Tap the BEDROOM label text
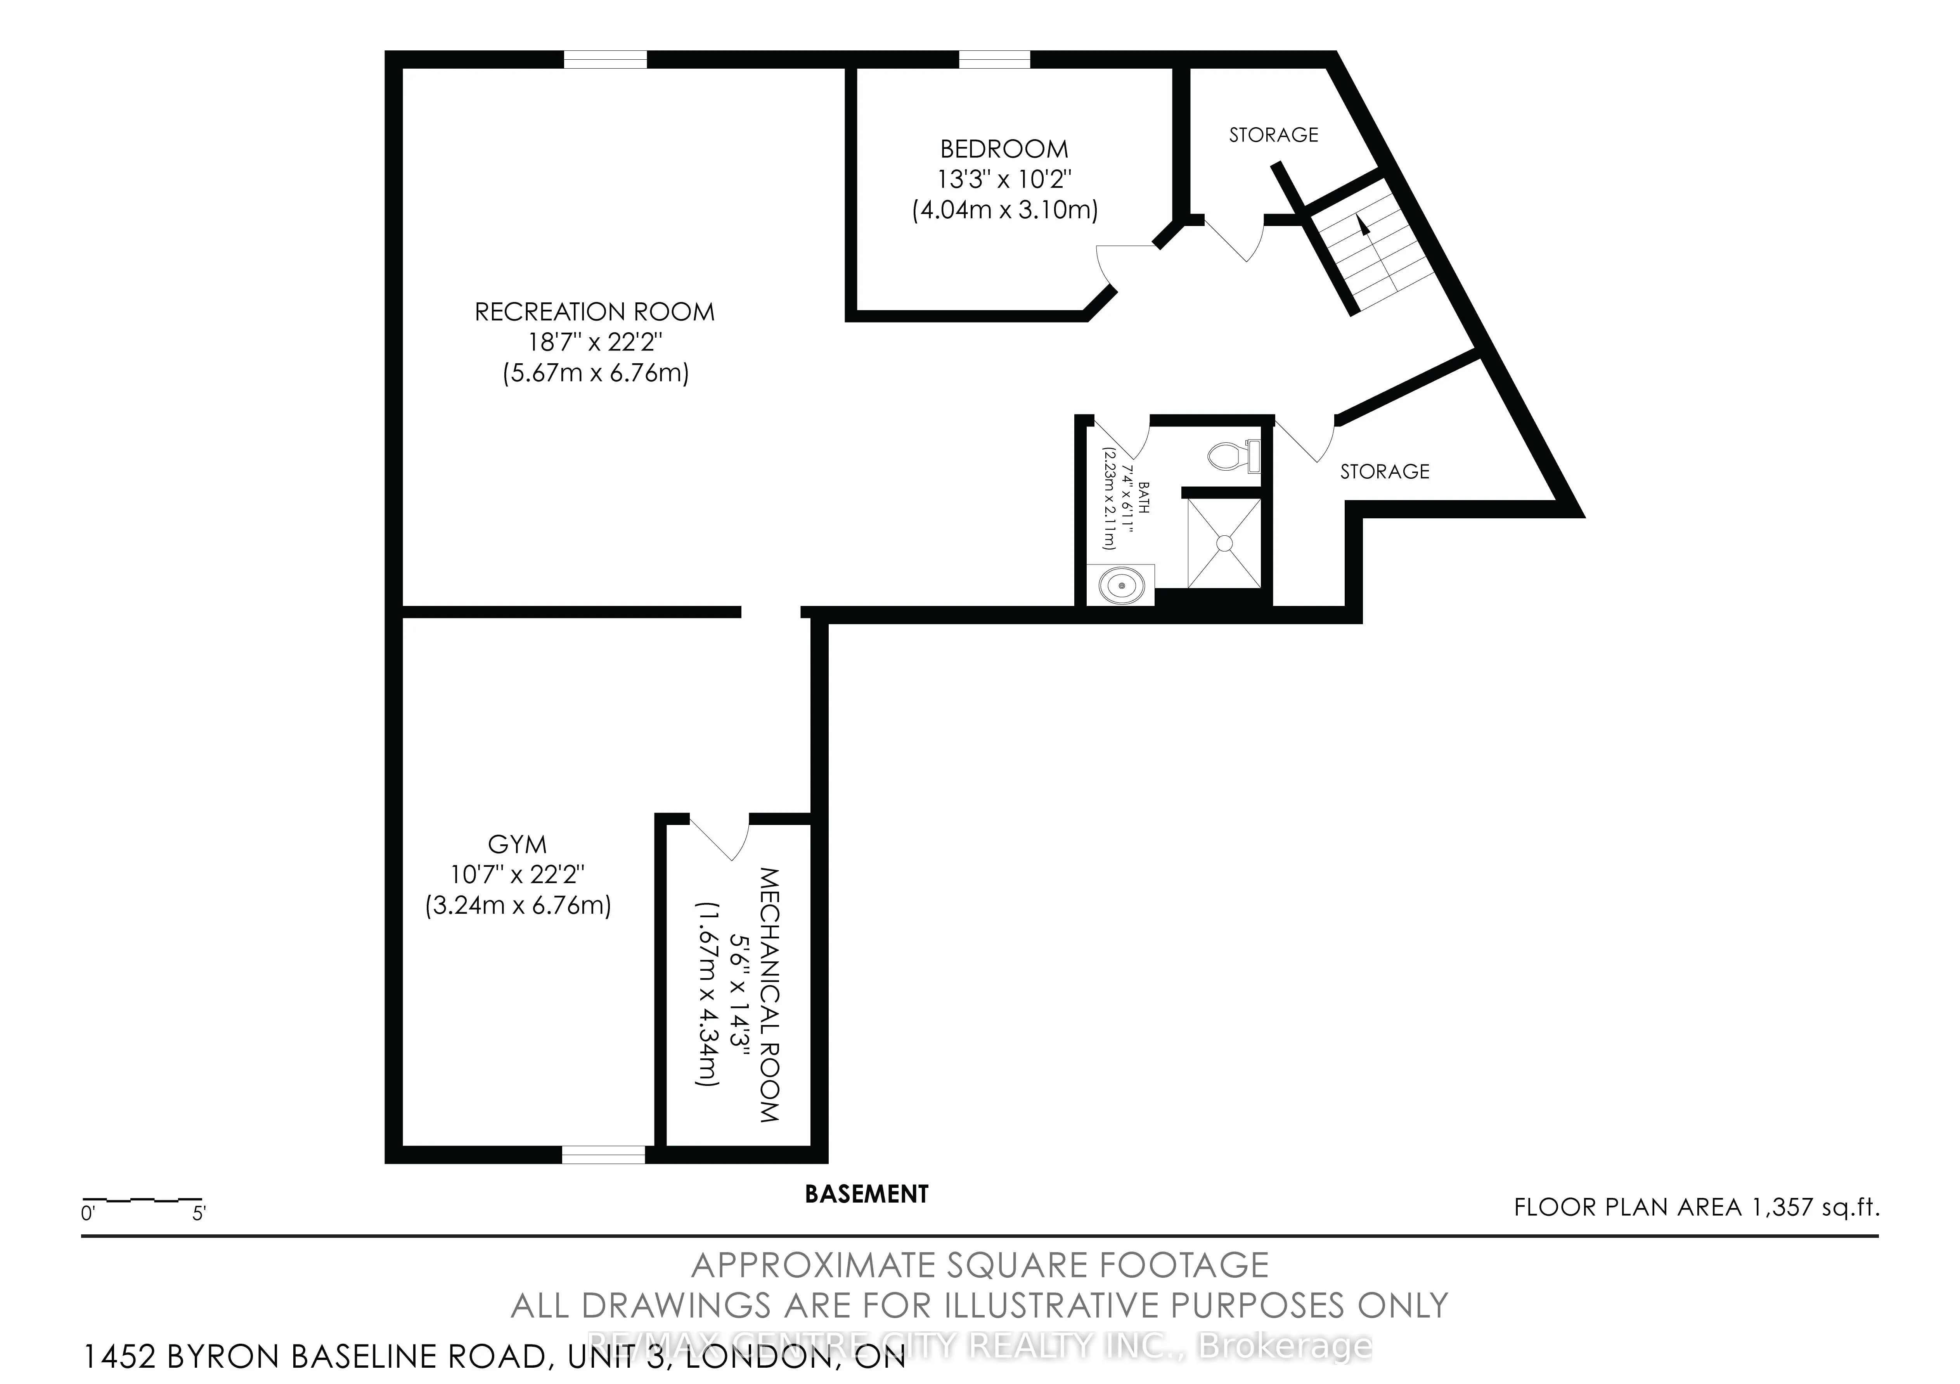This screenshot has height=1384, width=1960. point(1004,149)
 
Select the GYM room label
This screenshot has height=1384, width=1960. point(517,845)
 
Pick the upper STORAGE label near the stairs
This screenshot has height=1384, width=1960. point(1273,135)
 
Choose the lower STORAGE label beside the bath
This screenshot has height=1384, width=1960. point(1384,472)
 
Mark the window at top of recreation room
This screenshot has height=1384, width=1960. point(605,60)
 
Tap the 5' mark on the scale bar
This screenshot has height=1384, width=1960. point(199,1213)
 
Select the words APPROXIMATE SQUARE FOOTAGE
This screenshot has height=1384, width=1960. point(979,1265)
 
